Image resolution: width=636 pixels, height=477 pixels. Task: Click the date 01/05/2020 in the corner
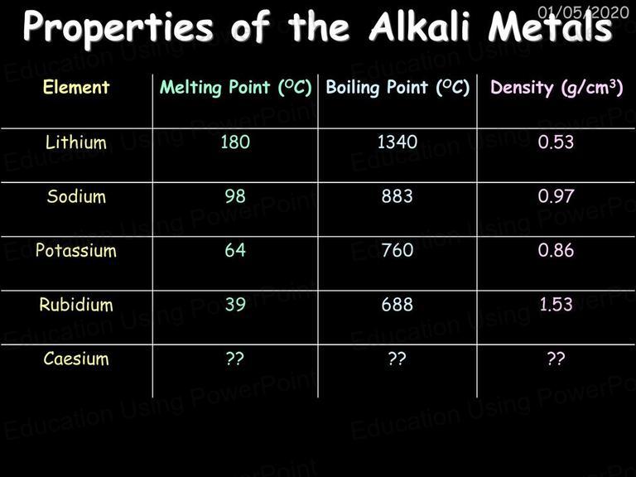coord(583,12)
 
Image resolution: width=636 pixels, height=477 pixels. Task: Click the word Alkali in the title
coord(420,26)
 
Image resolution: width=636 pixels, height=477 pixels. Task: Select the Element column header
coord(76,87)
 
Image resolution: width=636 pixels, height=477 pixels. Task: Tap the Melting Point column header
coord(236,88)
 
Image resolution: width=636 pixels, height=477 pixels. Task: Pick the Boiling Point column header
coord(397,88)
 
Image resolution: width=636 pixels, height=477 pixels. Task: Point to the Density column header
coord(556,88)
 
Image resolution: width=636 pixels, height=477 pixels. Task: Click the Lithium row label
coord(76,142)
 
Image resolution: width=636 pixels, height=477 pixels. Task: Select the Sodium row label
coord(77,196)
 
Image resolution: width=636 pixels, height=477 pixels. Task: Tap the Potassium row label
coord(76,250)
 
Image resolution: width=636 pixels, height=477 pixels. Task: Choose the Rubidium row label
coord(76,305)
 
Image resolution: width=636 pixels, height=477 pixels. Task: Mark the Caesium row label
coord(76,359)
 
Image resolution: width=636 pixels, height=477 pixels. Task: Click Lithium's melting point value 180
coord(235,142)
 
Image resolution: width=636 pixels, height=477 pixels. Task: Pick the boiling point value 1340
coord(397,142)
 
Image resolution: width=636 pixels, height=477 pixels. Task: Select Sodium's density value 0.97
coord(556,196)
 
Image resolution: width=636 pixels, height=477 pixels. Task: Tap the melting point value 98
coord(235,196)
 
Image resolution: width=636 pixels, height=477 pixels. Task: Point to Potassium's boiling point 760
coord(397,250)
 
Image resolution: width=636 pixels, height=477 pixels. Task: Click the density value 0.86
coord(556,250)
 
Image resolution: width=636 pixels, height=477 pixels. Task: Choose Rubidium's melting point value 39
coord(235,305)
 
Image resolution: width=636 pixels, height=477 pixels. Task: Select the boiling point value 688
coord(397,305)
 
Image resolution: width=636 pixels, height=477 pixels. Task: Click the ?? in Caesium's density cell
coord(556,358)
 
